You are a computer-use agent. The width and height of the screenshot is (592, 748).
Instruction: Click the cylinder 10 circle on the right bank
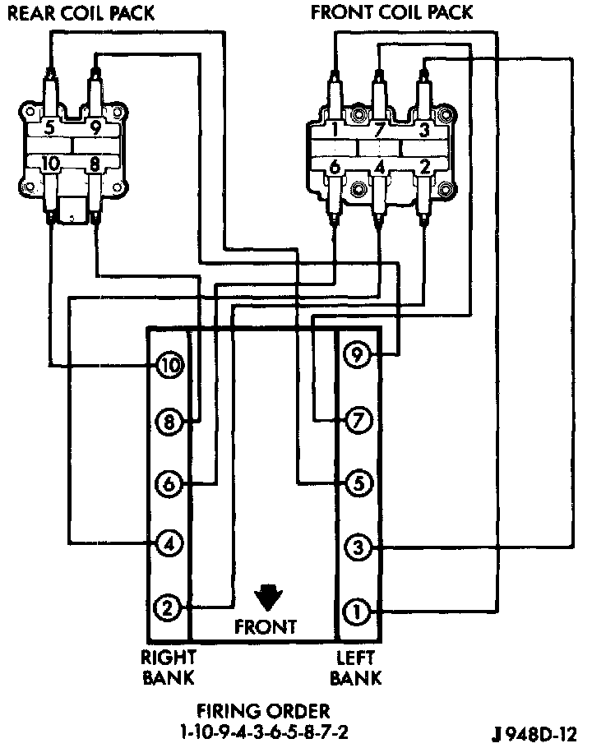click(x=169, y=366)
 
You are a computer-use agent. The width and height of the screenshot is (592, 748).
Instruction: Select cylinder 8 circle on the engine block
click(x=169, y=423)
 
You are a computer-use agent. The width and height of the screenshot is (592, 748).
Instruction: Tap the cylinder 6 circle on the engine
click(x=169, y=483)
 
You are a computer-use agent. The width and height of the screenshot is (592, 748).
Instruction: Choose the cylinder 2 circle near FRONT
click(x=168, y=608)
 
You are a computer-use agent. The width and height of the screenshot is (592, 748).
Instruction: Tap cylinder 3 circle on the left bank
click(x=358, y=546)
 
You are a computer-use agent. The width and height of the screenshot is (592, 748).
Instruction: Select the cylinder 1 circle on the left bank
click(x=358, y=611)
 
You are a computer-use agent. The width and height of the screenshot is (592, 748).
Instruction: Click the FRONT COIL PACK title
click(x=391, y=12)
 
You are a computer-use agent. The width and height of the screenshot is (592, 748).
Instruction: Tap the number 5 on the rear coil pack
click(x=49, y=127)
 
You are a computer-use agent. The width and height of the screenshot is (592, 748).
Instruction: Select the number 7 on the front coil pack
click(x=379, y=129)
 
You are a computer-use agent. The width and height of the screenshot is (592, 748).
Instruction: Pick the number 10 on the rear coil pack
click(x=50, y=164)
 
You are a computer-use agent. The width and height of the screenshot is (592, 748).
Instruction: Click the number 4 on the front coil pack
click(x=379, y=168)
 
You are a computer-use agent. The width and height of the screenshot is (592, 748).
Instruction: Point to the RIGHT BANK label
click(x=168, y=667)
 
